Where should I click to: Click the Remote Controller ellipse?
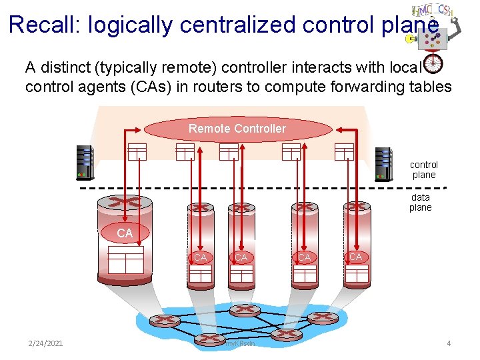[x=237, y=129]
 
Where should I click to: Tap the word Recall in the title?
[x=45, y=25]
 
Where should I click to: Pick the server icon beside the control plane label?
[x=383, y=165]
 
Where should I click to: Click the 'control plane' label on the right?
[x=423, y=169]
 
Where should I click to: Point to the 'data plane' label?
[x=420, y=202]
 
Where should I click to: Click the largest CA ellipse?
[x=125, y=233]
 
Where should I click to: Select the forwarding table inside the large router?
[x=125, y=259]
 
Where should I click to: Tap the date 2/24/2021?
[x=46, y=343]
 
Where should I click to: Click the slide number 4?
[x=449, y=343]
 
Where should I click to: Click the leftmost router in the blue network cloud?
[x=161, y=320]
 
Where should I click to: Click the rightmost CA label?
[x=356, y=257]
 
